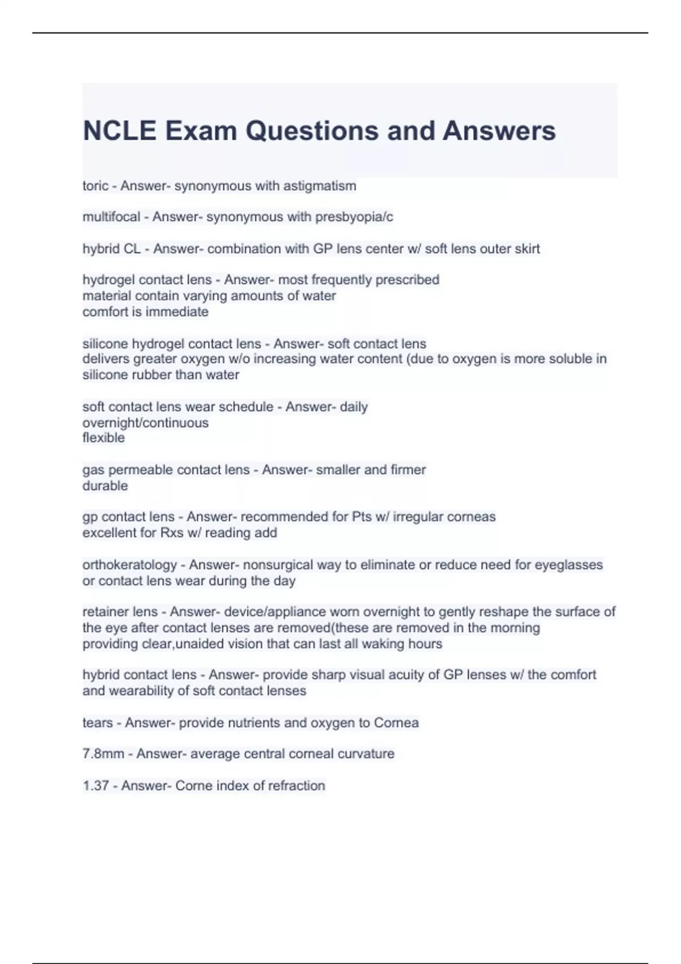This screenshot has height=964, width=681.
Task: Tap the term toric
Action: [x=95, y=186]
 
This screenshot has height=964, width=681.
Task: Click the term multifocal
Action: [x=111, y=217]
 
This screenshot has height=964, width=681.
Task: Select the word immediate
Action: [x=176, y=312]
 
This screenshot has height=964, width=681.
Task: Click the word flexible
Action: [x=103, y=438]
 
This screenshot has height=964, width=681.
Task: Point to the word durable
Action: [x=105, y=486]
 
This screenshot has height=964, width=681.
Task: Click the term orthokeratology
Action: [x=129, y=565]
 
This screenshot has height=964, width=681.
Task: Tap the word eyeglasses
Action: [x=569, y=565]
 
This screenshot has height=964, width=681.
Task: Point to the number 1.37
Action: [x=95, y=786]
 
